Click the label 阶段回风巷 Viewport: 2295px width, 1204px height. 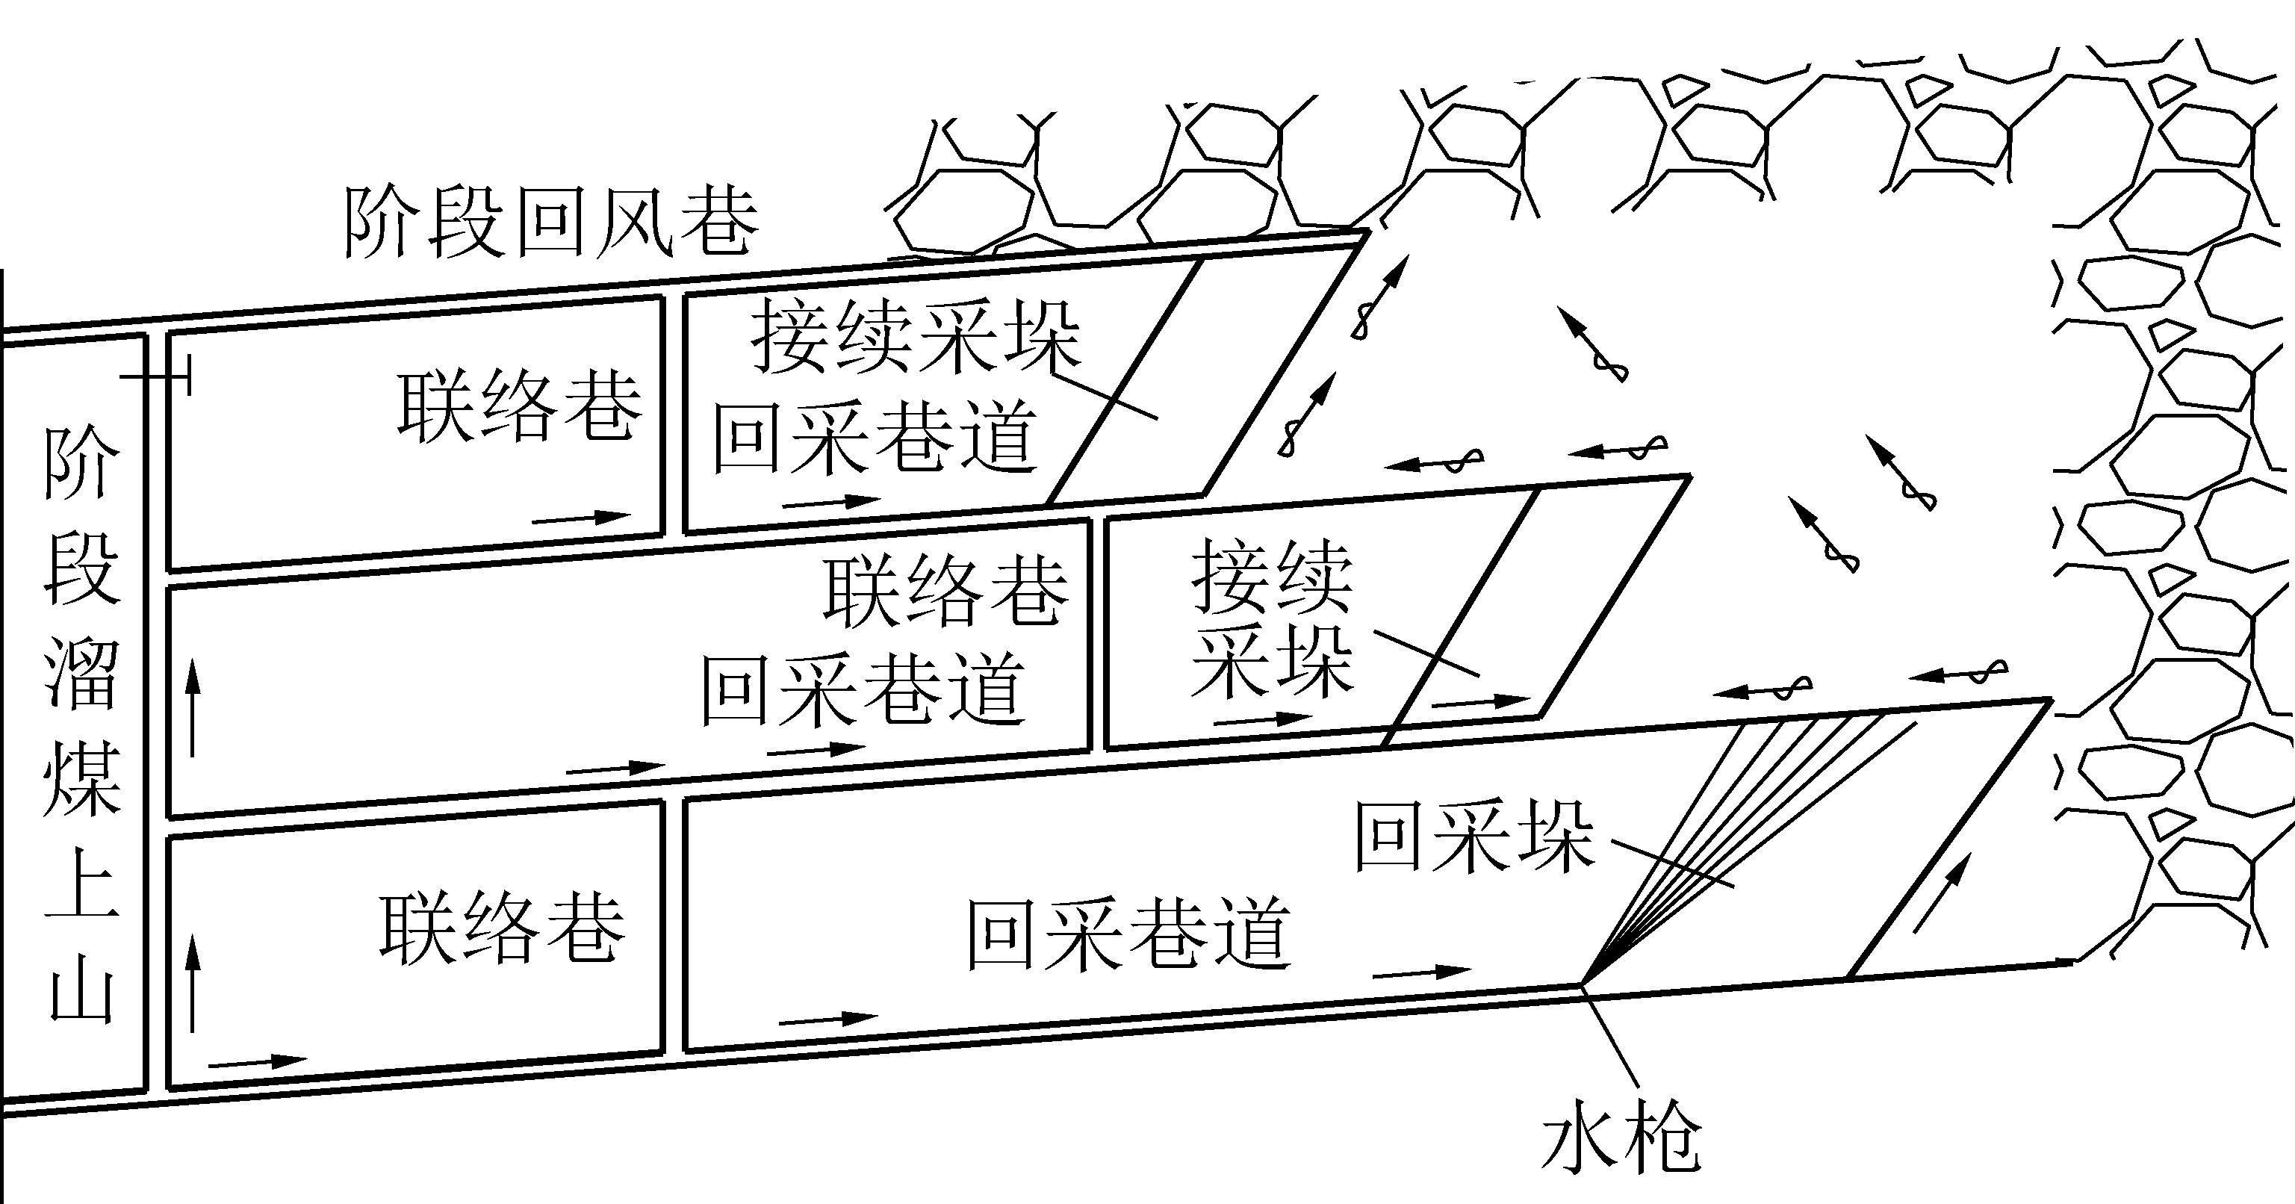550,223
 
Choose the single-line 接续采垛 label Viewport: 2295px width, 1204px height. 916,338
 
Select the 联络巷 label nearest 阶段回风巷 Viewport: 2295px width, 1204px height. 519,406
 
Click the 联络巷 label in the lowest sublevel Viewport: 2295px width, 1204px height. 503,928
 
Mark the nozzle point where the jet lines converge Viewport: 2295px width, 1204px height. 1583,984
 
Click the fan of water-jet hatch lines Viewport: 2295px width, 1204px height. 1737,802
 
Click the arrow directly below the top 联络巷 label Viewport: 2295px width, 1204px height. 581,518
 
